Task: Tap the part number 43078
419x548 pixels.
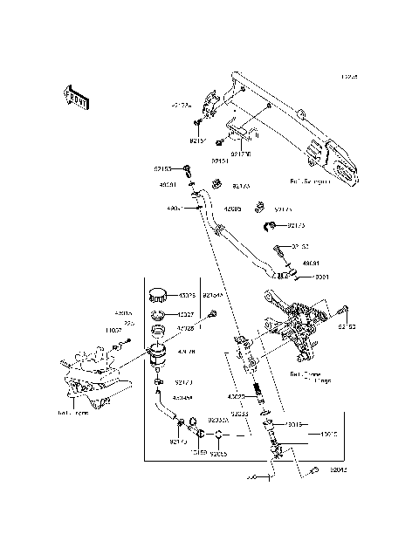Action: [187, 296]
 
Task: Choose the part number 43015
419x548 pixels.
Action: [328, 433]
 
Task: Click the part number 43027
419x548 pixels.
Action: [187, 314]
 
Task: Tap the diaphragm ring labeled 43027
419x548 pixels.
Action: [159, 314]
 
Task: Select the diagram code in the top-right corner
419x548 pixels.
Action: [350, 77]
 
